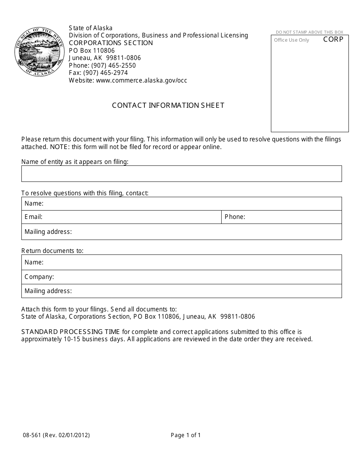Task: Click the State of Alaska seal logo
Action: click(39, 52)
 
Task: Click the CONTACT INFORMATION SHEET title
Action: click(168, 105)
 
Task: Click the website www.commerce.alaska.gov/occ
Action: click(128, 80)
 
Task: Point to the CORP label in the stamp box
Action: click(333, 39)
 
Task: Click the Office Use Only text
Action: click(292, 40)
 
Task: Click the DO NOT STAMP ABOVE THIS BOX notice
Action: click(310, 32)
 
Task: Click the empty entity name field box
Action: click(181, 173)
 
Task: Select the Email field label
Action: click(33, 217)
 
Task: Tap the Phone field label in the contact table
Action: click(235, 217)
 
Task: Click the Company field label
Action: click(39, 277)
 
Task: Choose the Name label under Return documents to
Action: click(34, 262)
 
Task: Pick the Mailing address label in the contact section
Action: click(48, 232)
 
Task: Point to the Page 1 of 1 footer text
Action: click(186, 435)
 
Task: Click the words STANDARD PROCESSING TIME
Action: click(71, 332)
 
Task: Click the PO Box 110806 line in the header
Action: click(92, 50)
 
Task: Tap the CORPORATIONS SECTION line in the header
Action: click(111, 43)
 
